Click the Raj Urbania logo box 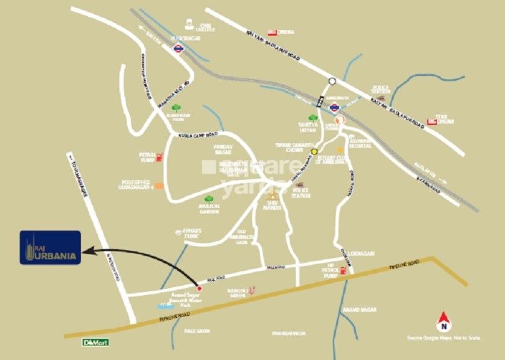pos(51,247)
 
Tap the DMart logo pos(95,342)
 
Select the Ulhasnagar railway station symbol pos(177,49)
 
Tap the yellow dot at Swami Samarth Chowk pos(314,152)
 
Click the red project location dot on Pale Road pos(200,288)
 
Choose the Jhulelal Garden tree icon pos(209,198)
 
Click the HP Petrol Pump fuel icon pos(344,271)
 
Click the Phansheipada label pos(289,333)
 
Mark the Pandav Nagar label pos(223,149)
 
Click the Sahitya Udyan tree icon pos(313,118)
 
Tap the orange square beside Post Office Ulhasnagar pos(158,186)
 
